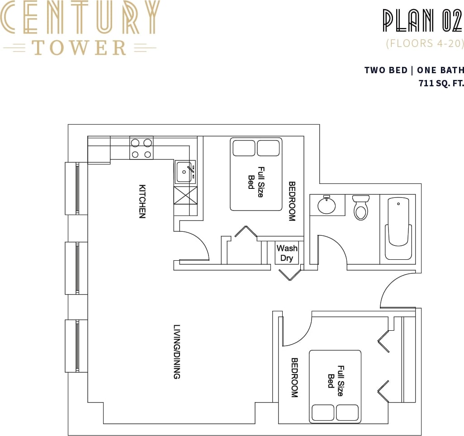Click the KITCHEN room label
pos(142,201)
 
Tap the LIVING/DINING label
pos(177,352)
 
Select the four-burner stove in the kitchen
pos(141,148)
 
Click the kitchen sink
pos(185,172)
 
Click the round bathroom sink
pos(326,206)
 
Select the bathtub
pos(398,229)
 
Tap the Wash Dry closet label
pos(287,253)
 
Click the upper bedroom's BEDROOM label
pos(292,201)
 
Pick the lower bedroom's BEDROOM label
pos(294,377)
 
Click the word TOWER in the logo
pos(80,47)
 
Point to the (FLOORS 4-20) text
pos(425,44)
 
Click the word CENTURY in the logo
pos(80,18)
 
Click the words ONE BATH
pos(440,70)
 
